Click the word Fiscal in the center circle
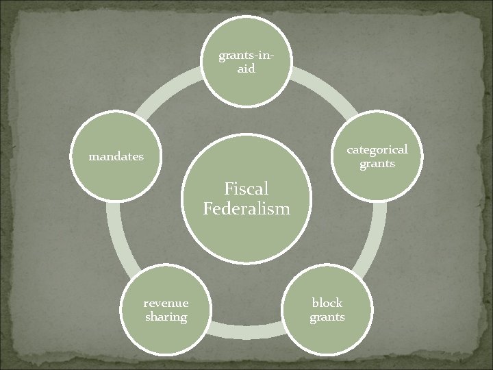pyautogui.click(x=246, y=188)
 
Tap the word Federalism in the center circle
pyautogui.click(x=246, y=208)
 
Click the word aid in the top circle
pyautogui.click(x=246, y=69)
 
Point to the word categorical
pyautogui.click(x=377, y=149)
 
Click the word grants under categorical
pyautogui.click(x=377, y=164)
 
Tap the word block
pyautogui.click(x=327, y=302)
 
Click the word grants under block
pyautogui.click(x=327, y=317)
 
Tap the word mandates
pyautogui.click(x=116, y=156)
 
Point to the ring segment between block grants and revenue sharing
pyautogui.click(x=246, y=331)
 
